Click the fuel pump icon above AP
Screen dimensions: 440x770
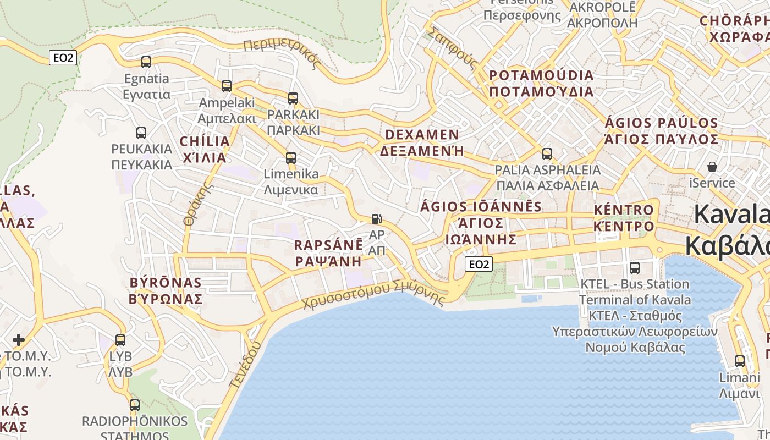pos(376,218)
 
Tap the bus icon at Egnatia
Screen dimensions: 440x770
pos(146,62)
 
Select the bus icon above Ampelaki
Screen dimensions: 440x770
pos(227,86)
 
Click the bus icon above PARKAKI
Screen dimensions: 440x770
pos(293,98)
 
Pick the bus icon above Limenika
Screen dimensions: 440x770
pos(291,158)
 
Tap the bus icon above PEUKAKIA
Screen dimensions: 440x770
pos(141,133)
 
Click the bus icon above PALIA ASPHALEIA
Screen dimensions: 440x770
pos(547,154)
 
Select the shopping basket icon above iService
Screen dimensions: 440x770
pos(712,166)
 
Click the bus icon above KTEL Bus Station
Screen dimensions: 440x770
pos(635,268)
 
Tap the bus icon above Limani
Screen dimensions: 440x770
pos(740,361)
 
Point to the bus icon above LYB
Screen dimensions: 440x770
pos(120,340)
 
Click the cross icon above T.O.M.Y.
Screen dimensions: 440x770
pos(19,339)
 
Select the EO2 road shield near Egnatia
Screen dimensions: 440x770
pos(63,58)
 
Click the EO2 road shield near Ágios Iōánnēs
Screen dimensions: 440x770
pos(478,264)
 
